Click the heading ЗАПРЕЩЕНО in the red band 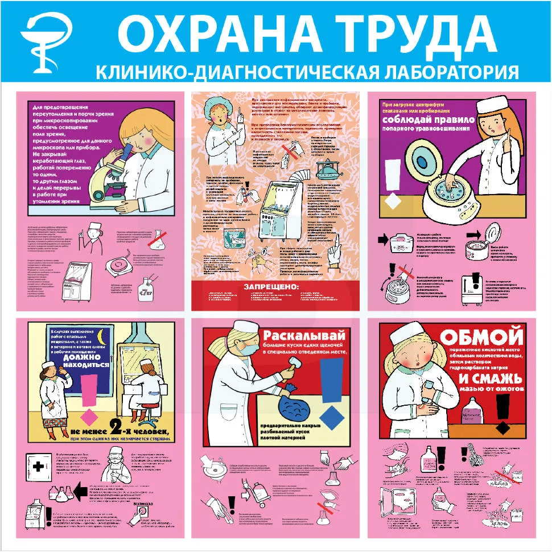click(x=271, y=286)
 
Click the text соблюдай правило click(x=436, y=121)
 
